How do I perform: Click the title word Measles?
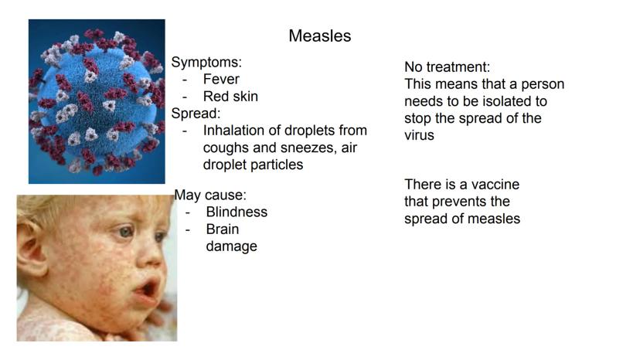tap(319, 36)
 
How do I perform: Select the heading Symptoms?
tap(206, 63)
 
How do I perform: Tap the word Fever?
tap(221, 79)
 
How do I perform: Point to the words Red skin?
tap(230, 97)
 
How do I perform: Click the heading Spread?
tap(196, 114)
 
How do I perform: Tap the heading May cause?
tap(210, 195)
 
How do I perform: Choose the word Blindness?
tap(237, 212)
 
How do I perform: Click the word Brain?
tap(223, 229)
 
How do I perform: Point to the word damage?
tap(231, 246)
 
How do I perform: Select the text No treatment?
tap(448, 67)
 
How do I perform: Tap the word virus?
tap(419, 135)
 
